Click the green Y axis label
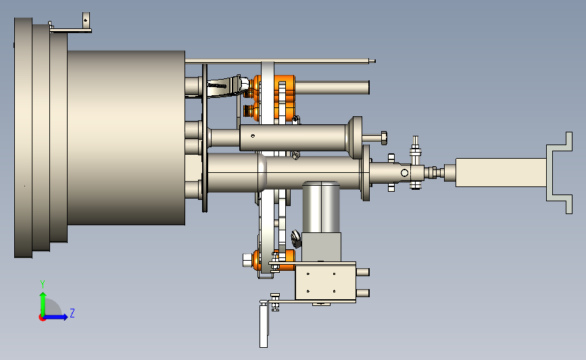coord(43,284)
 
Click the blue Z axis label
coord(72,313)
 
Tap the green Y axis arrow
coord(43,304)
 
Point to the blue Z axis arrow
coord(55,317)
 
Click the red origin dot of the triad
coord(42,318)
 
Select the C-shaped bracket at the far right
coord(560,172)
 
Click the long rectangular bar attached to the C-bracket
coord(501,172)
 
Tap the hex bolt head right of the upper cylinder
coord(383,138)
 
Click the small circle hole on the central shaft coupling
coord(404,173)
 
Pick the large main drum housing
coord(126,138)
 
